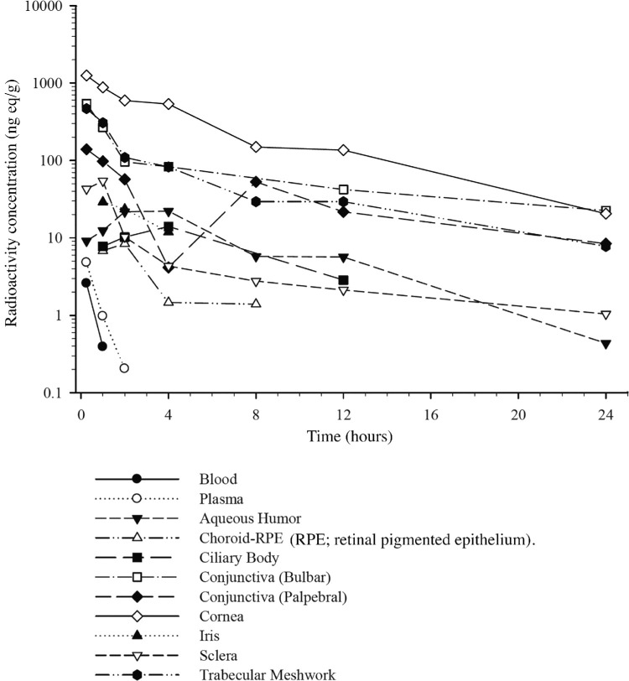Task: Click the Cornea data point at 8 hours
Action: tap(256, 147)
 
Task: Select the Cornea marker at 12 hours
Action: tap(344, 150)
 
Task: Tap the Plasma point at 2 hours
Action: tap(124, 368)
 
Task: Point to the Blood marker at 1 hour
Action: tap(102, 346)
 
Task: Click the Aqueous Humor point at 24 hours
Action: tap(606, 344)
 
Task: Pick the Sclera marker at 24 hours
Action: tap(606, 315)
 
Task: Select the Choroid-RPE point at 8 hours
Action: tap(256, 303)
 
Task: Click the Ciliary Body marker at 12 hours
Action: tap(344, 280)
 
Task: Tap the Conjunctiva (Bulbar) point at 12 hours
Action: tap(344, 190)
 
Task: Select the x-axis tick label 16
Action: tap(431, 415)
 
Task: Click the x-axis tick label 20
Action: tap(518, 415)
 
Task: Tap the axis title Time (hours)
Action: tap(350, 435)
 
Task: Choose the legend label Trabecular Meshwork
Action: tap(268, 675)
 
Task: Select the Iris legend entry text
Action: tap(210, 636)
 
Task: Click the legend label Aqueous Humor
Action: tap(250, 518)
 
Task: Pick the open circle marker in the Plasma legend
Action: tap(137, 498)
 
